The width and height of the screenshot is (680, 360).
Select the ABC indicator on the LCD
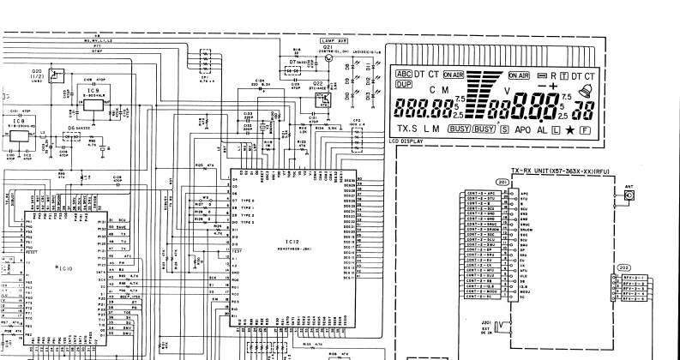pyautogui.click(x=404, y=74)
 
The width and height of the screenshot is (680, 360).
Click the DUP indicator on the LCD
pyautogui.click(x=403, y=84)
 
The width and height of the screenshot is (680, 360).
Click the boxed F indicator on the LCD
pyautogui.click(x=586, y=129)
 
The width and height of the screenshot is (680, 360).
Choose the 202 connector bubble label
pyautogui.click(x=624, y=268)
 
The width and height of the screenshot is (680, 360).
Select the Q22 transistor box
pyautogui.click(x=323, y=97)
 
